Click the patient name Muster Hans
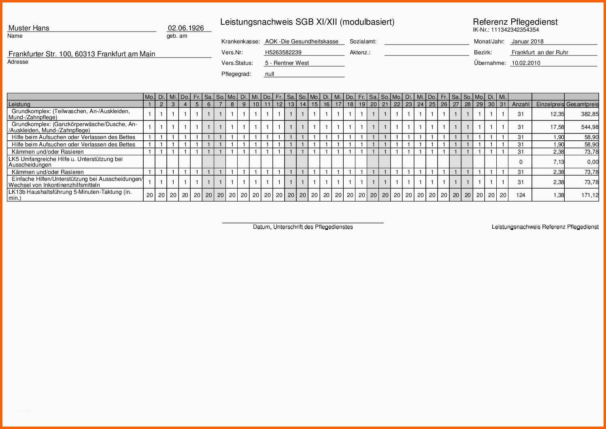pyautogui.click(x=29, y=28)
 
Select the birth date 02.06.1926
pyautogui.click(x=186, y=28)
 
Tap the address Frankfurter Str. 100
pyautogui.click(x=82, y=54)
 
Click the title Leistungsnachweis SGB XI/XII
pyautogui.click(x=307, y=22)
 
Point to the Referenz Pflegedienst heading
pyautogui.click(x=515, y=22)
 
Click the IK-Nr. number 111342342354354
pyautogui.click(x=515, y=30)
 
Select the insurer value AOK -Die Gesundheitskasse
pyautogui.click(x=302, y=41)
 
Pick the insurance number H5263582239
pyautogui.click(x=283, y=52)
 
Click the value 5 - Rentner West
pyautogui.click(x=287, y=63)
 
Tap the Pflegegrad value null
pyautogui.click(x=270, y=74)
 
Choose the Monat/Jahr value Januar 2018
pyautogui.click(x=527, y=41)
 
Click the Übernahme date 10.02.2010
pyautogui.click(x=525, y=63)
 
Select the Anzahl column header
pyautogui.click(x=521, y=104)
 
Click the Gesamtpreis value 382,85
pyautogui.click(x=590, y=114)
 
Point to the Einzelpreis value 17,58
pyautogui.click(x=557, y=127)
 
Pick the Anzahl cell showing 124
pyautogui.click(x=521, y=195)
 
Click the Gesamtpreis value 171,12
pyautogui.click(x=590, y=195)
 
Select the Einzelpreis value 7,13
pyautogui.click(x=559, y=162)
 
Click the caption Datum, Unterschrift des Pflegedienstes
pyautogui.click(x=303, y=227)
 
